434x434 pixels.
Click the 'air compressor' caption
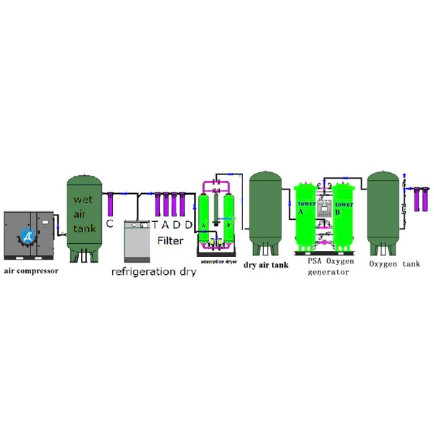(x=31, y=271)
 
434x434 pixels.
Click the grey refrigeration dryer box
(x=137, y=240)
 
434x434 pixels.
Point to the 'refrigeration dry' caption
(x=153, y=272)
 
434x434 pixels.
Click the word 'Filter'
(x=171, y=240)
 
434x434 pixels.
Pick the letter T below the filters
(x=154, y=225)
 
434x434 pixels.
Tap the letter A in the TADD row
(x=165, y=225)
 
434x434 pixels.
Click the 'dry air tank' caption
(x=265, y=265)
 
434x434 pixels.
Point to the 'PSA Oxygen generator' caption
(x=329, y=267)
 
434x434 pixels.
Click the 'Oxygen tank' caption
(x=394, y=264)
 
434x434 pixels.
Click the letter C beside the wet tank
(x=109, y=224)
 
